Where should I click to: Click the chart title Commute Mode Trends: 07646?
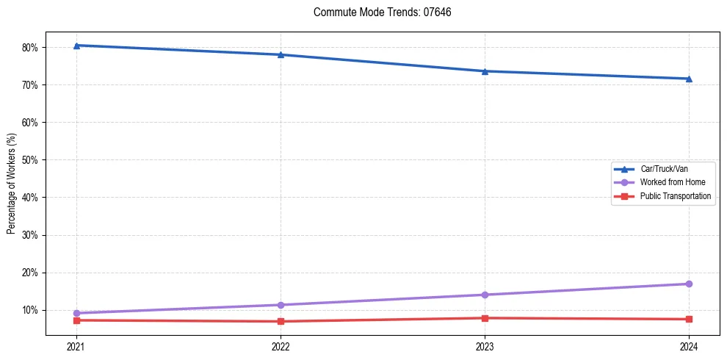[x=377, y=12]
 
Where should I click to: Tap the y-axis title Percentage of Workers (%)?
[x=11, y=184]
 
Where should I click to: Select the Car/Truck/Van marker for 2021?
[x=76, y=46]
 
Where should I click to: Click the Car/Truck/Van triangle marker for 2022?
[x=281, y=54]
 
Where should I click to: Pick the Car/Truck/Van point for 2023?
[x=485, y=71]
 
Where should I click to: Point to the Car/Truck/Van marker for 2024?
[x=689, y=79]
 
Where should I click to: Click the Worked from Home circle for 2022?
[x=281, y=305]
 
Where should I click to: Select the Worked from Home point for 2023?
[x=485, y=295]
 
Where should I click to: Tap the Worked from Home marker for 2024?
[x=689, y=284]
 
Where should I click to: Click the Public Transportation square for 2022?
[x=281, y=321]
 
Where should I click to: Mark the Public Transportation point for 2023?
[x=485, y=318]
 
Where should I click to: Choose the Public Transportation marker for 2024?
[x=689, y=319]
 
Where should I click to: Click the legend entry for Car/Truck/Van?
[x=664, y=169]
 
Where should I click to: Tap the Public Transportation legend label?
[x=675, y=196]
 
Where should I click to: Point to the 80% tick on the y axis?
[x=30, y=48]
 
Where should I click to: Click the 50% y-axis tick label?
[x=30, y=160]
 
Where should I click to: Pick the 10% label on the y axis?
[x=30, y=310]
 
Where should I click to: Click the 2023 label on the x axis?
[x=485, y=346]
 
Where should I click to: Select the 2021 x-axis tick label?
[x=76, y=346]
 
